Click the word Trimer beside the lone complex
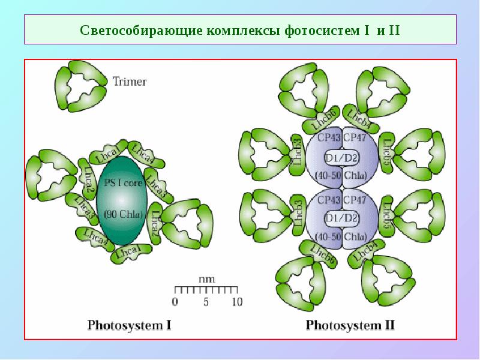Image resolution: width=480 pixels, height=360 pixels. coord(130,81)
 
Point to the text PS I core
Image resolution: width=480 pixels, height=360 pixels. coord(124,184)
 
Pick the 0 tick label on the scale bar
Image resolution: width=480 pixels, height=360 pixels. coord(175,302)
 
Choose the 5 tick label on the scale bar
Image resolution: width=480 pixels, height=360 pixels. coord(206,302)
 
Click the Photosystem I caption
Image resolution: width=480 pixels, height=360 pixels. coord(130,326)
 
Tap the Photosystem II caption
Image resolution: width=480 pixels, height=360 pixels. coord(350,326)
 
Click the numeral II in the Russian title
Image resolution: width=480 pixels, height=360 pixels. coord(394,30)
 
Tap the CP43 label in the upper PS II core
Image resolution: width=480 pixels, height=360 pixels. coord(329,138)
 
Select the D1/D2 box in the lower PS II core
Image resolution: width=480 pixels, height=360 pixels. coord(341,217)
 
